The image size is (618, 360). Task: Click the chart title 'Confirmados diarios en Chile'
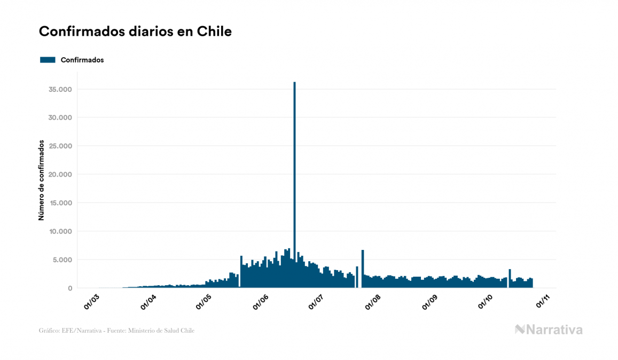point(135,32)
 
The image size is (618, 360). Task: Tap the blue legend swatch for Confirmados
point(48,60)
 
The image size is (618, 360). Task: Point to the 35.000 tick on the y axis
point(60,89)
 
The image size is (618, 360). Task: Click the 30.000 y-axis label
point(60,118)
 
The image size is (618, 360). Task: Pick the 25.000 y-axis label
point(60,146)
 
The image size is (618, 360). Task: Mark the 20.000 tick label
point(60,175)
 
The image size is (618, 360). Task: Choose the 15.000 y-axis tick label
point(60,203)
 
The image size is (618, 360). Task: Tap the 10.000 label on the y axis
point(60,231)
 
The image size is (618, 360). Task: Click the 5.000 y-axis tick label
point(62,260)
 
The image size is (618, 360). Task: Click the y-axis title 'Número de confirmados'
point(41,180)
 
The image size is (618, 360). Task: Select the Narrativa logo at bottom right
point(549,330)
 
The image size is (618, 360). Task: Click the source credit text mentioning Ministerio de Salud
point(116,331)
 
